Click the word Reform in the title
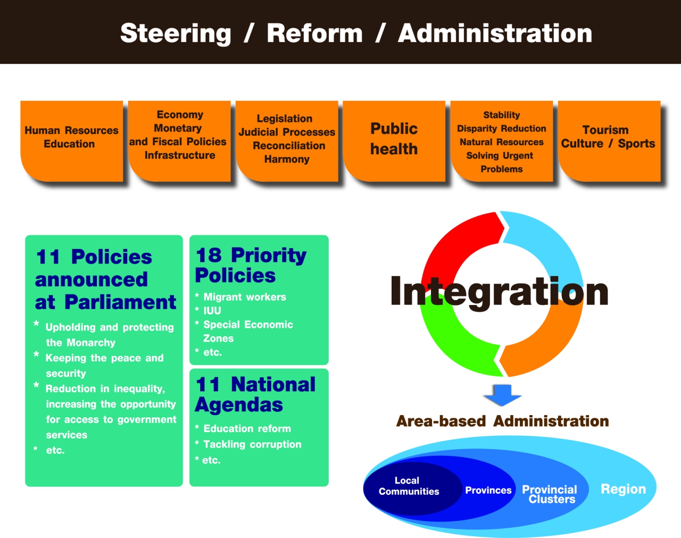[314, 33]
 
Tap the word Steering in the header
[176, 34]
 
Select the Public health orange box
[394, 141]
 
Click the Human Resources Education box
[71, 141]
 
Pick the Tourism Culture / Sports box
[609, 141]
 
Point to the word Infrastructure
[180, 155]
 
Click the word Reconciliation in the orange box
[289, 146]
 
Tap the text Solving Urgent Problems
[501, 162]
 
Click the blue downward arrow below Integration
[503, 395]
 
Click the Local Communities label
[409, 486]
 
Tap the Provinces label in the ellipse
[488, 490]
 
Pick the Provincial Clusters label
[550, 494]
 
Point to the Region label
[624, 489]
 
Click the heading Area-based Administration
[503, 421]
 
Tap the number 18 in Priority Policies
[209, 255]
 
